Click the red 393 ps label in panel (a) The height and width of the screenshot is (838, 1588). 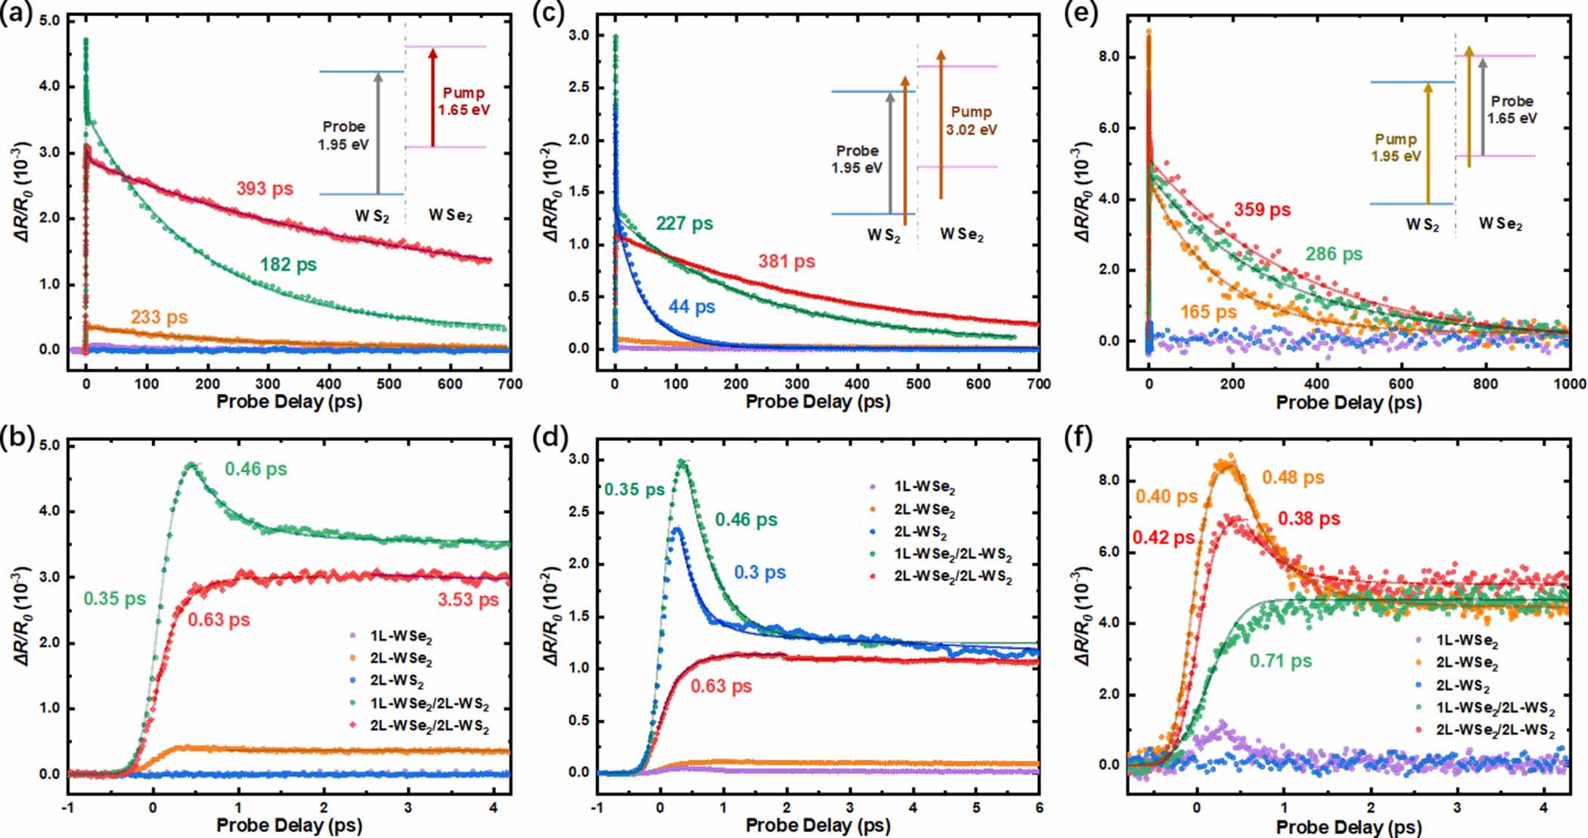[x=264, y=188]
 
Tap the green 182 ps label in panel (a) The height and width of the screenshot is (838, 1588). [x=288, y=265]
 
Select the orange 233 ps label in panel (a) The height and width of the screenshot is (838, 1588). [x=159, y=317]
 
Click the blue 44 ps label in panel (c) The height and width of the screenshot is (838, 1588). [x=691, y=307]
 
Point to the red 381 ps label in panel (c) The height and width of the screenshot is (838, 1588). [x=786, y=262]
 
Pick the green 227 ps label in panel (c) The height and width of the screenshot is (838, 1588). [x=684, y=224]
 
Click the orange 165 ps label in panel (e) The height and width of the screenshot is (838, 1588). [x=1208, y=312]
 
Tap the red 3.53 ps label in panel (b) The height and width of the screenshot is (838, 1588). [x=468, y=600]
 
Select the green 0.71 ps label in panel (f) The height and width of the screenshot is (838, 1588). [x=1280, y=661]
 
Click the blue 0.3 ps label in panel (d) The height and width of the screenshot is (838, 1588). [x=759, y=573]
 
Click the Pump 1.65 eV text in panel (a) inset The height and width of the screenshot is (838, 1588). [x=464, y=101]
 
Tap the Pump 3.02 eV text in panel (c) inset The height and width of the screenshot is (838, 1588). [x=971, y=120]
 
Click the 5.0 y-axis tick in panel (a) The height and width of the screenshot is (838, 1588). [x=49, y=20]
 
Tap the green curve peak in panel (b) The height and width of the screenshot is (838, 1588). [x=191, y=464]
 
